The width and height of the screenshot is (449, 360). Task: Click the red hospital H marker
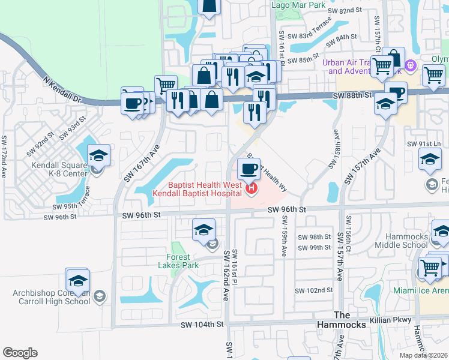(252, 190)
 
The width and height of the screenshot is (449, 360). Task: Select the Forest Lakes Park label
(182, 261)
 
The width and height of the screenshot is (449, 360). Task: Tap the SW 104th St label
(202, 324)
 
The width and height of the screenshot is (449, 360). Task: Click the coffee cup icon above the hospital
(249, 169)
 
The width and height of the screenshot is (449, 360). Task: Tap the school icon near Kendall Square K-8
(98, 156)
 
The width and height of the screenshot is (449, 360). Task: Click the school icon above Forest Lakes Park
(203, 230)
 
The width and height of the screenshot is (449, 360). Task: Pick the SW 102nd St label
(316, 290)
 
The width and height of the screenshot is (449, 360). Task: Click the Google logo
(20, 353)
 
